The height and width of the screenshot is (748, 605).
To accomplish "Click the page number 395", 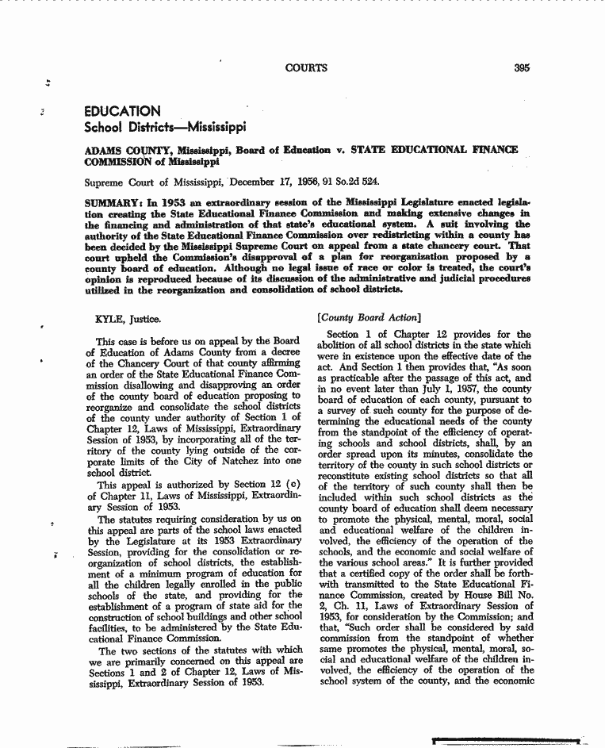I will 521,68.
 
